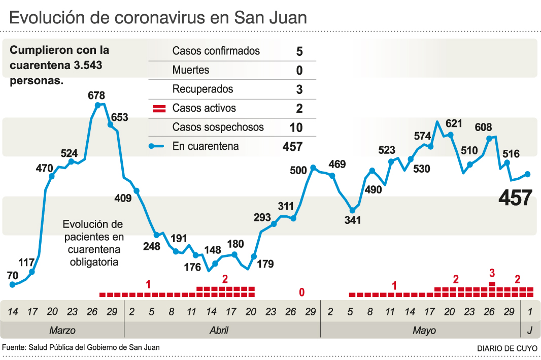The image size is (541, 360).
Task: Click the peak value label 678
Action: pyautogui.click(x=96, y=95)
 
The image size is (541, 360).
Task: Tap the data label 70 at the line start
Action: pyautogui.click(x=13, y=275)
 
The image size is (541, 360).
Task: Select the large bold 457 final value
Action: pyautogui.click(x=515, y=198)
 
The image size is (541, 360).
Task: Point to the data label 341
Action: pyautogui.click(x=352, y=220)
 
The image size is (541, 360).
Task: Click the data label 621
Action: pyautogui.click(x=454, y=123)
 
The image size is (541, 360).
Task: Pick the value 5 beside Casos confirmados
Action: pyautogui.click(x=299, y=51)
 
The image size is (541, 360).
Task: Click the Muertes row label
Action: pyautogui.click(x=191, y=70)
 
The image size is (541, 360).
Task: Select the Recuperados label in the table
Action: pyautogui.click(x=203, y=89)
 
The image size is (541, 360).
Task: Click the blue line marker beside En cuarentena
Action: pyautogui.click(x=158, y=147)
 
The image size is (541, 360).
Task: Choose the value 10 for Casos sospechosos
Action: pyautogui.click(x=296, y=127)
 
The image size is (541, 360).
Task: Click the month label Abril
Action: pyautogui.click(x=219, y=331)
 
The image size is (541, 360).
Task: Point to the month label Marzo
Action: pyautogui.click(x=62, y=331)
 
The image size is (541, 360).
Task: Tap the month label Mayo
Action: pyautogui.click(x=424, y=331)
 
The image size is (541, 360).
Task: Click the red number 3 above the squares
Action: pyautogui.click(x=492, y=273)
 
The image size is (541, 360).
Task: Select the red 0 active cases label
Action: pyautogui.click(x=302, y=292)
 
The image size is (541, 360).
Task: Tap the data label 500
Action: pyautogui.click(x=298, y=170)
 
